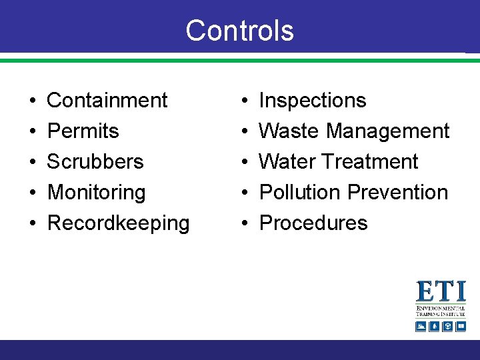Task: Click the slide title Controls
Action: click(239, 31)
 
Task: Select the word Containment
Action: click(107, 101)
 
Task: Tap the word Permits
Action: click(83, 131)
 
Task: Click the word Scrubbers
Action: click(95, 162)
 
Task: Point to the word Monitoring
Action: click(97, 193)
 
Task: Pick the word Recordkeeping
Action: click(119, 223)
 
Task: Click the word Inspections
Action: click(313, 101)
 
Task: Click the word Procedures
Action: click(313, 223)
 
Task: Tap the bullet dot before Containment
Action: click(33, 101)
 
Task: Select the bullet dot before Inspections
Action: click(244, 101)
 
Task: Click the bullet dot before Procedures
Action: click(244, 224)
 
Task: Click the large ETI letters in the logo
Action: click(441, 292)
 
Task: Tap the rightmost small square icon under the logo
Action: click(460, 326)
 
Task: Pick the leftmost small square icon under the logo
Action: click(421, 326)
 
